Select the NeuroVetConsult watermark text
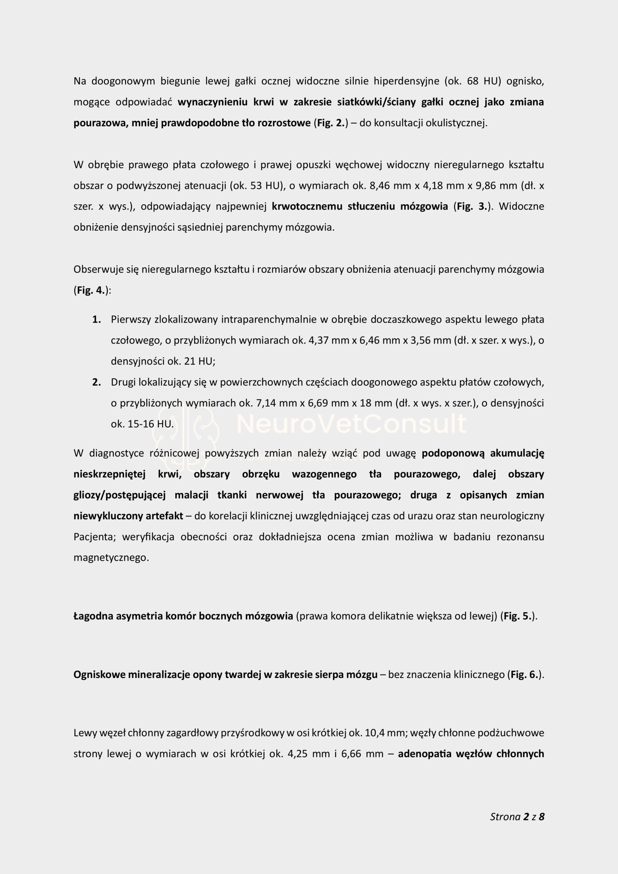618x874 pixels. click(351, 424)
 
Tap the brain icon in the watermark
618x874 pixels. click(185, 438)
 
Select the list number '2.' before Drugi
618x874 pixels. click(96, 382)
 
